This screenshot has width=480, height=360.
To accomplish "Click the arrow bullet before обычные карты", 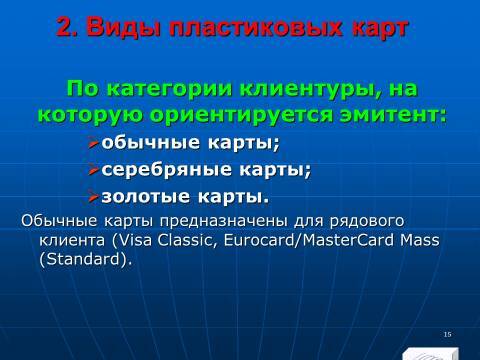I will (93, 143).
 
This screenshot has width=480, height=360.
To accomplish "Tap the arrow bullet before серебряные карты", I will (93, 169).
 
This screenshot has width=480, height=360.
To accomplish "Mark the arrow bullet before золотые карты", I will (93, 195).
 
